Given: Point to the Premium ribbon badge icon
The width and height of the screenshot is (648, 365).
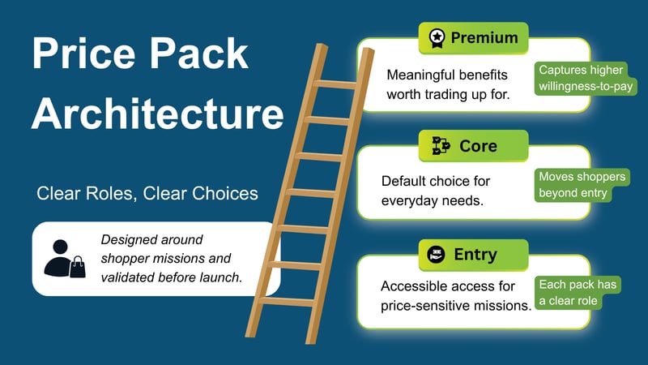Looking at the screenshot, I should click(436, 37).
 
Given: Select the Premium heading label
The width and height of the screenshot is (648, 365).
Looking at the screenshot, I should click(484, 37).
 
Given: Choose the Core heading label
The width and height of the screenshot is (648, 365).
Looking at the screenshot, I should click(478, 146).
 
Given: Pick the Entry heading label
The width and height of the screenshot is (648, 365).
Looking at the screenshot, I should click(475, 254).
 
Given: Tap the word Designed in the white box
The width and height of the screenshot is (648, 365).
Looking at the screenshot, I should click(130, 239).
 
